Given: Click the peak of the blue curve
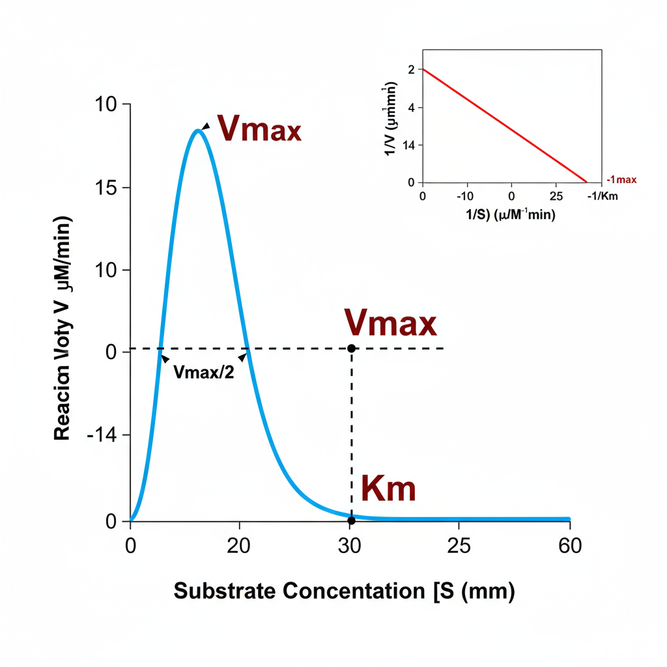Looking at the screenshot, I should click(x=197, y=131).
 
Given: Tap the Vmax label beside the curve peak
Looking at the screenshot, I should click(x=259, y=129).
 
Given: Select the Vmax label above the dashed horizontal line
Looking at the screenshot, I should click(x=390, y=323).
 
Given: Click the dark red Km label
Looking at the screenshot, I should click(x=388, y=489).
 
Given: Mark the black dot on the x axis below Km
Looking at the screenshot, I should click(x=352, y=520).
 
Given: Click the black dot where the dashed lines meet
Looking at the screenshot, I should click(x=352, y=348).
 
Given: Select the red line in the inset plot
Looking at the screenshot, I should click(x=505, y=126).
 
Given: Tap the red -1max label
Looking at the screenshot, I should click(x=621, y=179).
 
